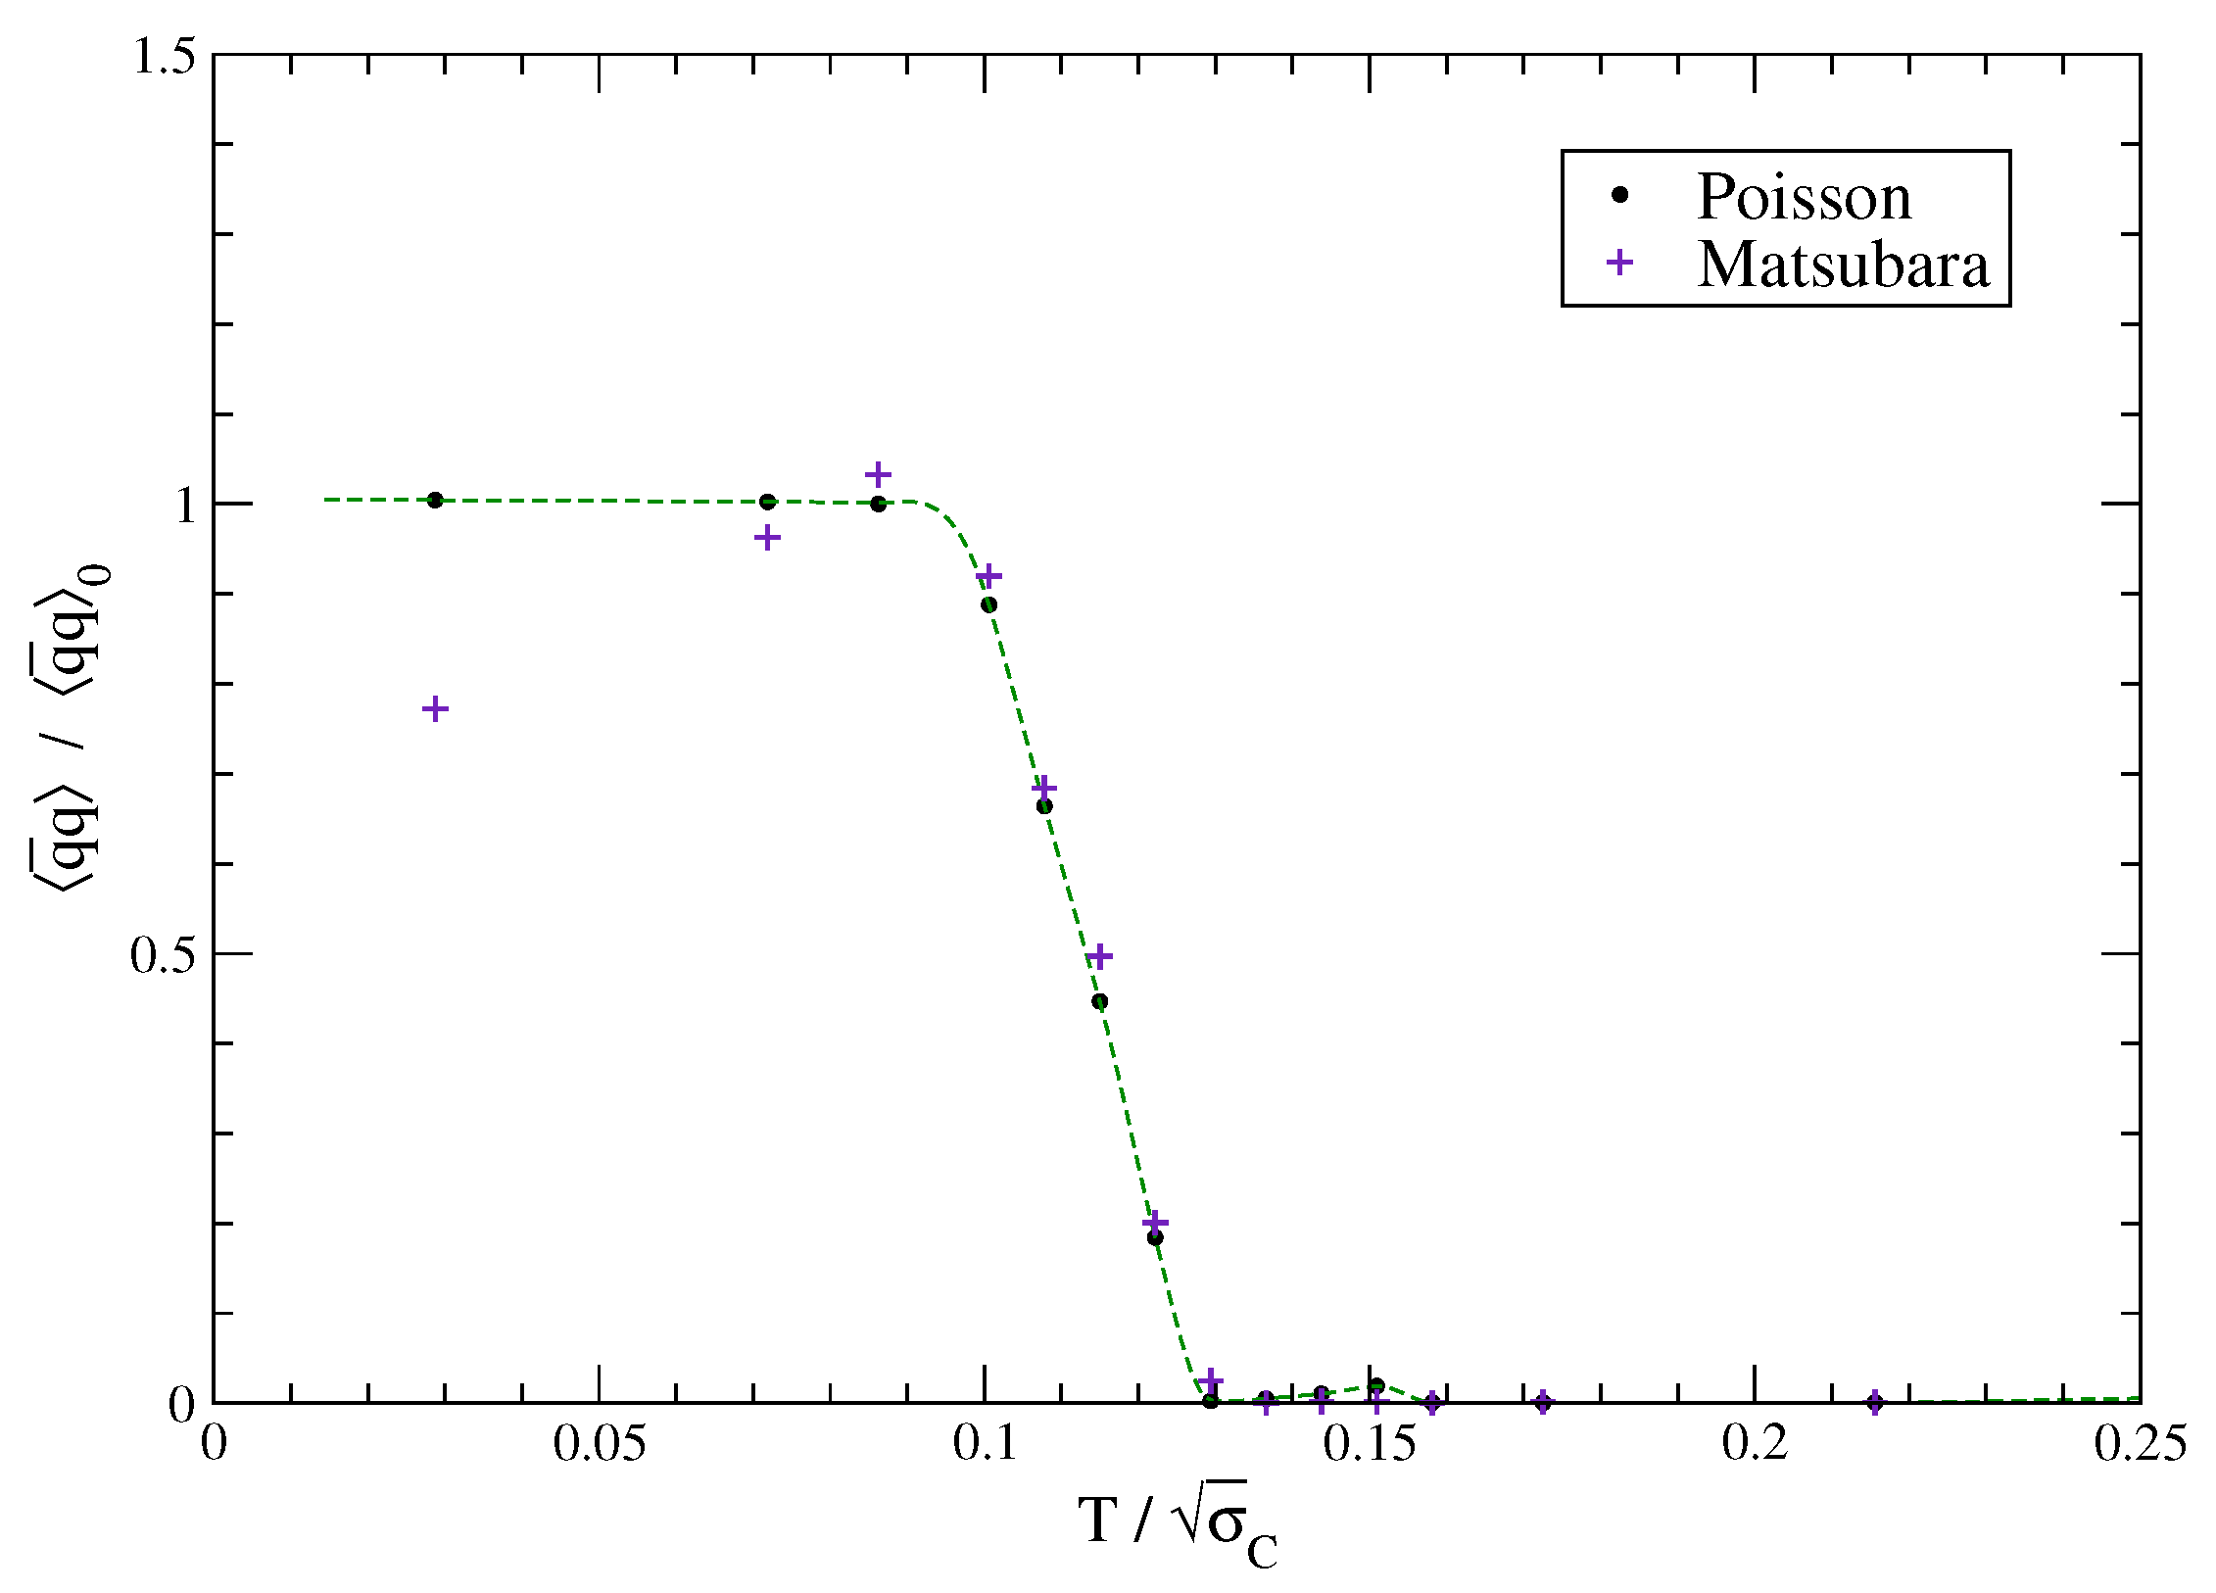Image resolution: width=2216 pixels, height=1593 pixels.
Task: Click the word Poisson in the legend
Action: tap(1804, 197)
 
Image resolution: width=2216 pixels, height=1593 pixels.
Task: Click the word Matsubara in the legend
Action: tap(1843, 265)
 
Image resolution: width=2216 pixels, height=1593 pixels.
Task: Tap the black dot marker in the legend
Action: tap(1619, 195)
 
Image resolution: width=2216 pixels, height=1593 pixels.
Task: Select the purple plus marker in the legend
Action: tap(1619, 263)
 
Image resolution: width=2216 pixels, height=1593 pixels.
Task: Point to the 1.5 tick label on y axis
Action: tap(164, 56)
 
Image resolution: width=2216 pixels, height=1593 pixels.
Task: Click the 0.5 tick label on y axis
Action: tap(164, 954)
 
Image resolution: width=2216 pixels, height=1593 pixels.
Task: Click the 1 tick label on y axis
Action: tap(185, 506)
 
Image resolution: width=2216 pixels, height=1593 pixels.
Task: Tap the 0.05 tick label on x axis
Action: tap(599, 1444)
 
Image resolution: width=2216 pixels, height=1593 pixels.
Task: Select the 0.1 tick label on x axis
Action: tap(985, 1444)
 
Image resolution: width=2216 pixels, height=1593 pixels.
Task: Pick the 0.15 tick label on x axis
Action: tap(1370, 1444)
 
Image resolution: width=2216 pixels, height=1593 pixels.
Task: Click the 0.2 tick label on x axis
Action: tap(1755, 1444)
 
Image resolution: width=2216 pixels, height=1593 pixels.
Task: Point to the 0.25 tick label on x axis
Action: tap(2140, 1444)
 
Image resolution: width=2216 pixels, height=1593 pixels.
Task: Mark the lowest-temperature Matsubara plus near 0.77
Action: tap(435, 709)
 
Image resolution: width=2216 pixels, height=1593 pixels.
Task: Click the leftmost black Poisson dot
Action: tap(435, 500)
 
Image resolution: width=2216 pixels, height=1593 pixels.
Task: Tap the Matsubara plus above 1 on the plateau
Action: tap(878, 475)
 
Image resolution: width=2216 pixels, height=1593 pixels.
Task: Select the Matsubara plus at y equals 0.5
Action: tap(1100, 956)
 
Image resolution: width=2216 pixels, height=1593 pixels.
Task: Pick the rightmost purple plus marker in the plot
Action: tap(1875, 1402)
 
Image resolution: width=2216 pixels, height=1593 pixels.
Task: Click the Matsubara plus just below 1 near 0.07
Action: tap(767, 537)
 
